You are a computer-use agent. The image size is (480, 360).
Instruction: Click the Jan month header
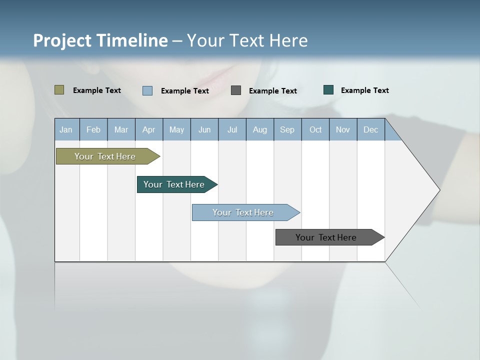point(66,129)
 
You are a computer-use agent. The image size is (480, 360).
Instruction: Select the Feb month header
point(93,129)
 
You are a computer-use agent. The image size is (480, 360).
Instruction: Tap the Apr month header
point(148,129)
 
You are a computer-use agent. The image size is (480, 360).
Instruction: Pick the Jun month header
point(204,129)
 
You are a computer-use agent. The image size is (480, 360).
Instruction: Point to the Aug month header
point(260,129)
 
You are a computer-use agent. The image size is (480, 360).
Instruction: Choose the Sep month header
point(287,129)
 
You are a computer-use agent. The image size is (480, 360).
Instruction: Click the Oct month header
point(315,129)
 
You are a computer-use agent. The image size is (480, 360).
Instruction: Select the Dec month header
point(371,129)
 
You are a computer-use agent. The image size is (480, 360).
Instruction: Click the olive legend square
point(59,90)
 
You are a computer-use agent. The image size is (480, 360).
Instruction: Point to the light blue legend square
point(147,90)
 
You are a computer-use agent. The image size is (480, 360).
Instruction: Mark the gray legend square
point(236,90)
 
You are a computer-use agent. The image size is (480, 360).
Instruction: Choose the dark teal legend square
point(328,90)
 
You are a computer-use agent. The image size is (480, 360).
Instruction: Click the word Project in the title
point(62,40)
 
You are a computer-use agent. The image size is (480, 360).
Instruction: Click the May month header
point(176,129)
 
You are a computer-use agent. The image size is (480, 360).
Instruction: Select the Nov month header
point(343,129)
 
